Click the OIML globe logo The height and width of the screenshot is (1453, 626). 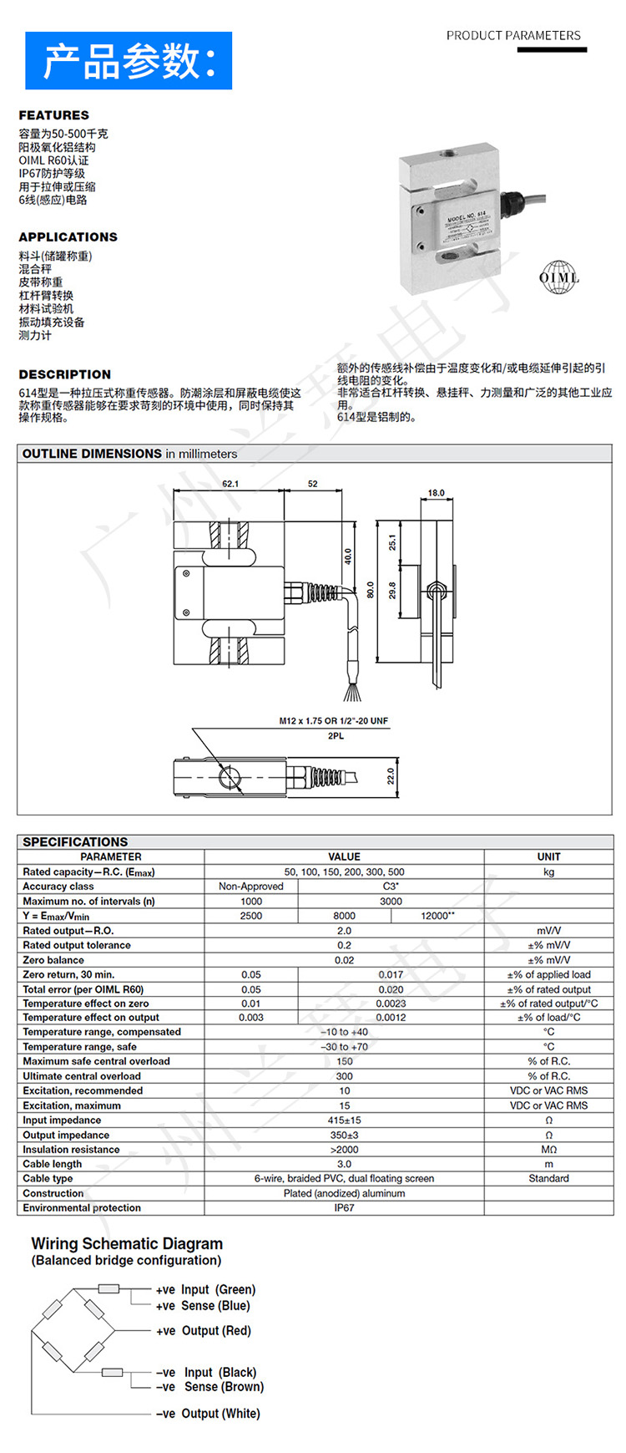[x=558, y=277]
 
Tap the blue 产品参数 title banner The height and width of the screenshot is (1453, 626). [x=129, y=61]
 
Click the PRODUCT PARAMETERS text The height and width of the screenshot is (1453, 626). [x=513, y=36]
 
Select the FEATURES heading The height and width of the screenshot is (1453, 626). [x=53, y=115]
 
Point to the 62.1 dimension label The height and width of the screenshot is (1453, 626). [x=230, y=484]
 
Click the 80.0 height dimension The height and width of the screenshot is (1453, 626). [x=371, y=590]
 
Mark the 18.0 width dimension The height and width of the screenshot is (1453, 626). [x=437, y=493]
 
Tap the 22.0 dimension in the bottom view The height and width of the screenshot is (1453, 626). [x=390, y=776]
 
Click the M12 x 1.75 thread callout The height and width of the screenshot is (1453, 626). [x=334, y=720]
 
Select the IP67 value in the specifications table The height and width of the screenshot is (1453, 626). [x=344, y=1208]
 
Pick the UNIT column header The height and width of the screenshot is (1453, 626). [x=548, y=856]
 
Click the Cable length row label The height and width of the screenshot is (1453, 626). [x=53, y=1164]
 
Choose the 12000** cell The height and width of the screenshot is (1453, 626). [x=437, y=916]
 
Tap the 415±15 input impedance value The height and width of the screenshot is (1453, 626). [x=344, y=1120]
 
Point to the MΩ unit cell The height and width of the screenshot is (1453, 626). [x=548, y=1150]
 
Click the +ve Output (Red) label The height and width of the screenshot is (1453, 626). [x=203, y=1331]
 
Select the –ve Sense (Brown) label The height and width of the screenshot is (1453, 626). [x=210, y=1387]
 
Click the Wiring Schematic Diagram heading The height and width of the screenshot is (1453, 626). [x=127, y=1244]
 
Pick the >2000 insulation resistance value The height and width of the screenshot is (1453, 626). [x=344, y=1150]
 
